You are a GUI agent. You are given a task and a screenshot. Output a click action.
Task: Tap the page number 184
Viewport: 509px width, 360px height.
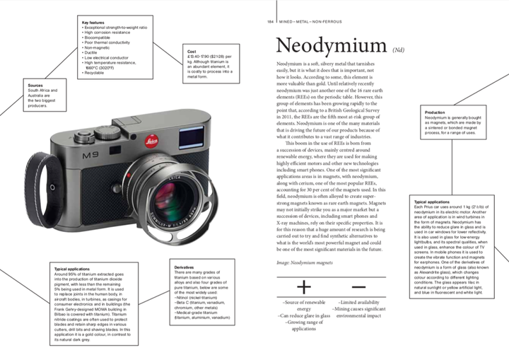[269, 22]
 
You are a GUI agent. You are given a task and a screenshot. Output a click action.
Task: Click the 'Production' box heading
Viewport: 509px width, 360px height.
[435, 112]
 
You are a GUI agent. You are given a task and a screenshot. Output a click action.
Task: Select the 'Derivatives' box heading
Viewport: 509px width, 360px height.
[185, 267]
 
